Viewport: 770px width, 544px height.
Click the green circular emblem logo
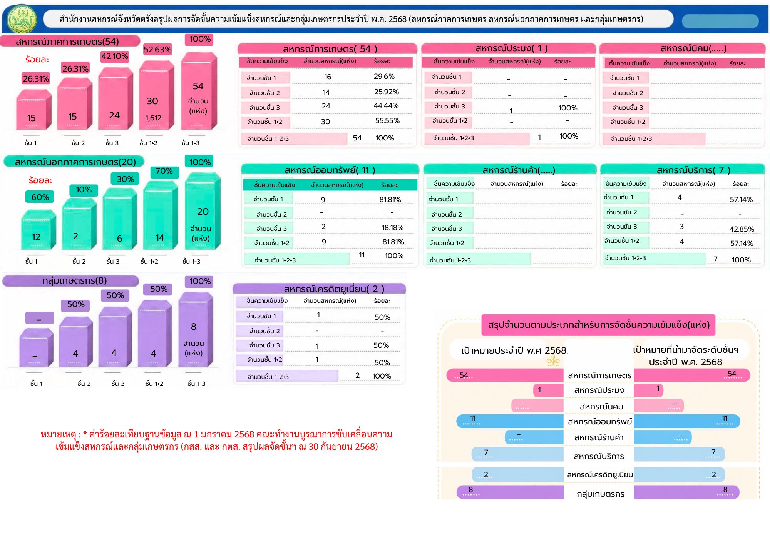(x=22, y=19)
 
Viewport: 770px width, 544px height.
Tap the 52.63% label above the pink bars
(x=157, y=50)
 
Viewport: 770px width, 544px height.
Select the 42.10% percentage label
(x=115, y=56)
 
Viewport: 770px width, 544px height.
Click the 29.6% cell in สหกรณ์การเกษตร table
(x=384, y=77)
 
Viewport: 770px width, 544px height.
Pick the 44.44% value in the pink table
(x=386, y=106)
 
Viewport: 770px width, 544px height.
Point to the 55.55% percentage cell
(x=387, y=121)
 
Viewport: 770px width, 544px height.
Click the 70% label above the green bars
(x=164, y=171)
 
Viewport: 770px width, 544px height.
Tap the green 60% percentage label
(x=40, y=197)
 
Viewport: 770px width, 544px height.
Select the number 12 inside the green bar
(x=36, y=237)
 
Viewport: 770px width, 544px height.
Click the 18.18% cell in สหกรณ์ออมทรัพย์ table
(x=393, y=228)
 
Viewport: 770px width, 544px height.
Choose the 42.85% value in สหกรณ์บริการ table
(x=742, y=229)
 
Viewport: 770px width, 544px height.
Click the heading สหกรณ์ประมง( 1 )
(x=511, y=48)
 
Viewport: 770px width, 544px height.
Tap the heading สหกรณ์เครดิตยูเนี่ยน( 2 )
(x=334, y=289)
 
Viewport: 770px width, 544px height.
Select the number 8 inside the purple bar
(x=194, y=327)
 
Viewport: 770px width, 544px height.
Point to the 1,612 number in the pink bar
(x=153, y=118)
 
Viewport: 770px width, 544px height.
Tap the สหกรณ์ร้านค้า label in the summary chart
(x=599, y=437)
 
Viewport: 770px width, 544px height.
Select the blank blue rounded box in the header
(x=720, y=21)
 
